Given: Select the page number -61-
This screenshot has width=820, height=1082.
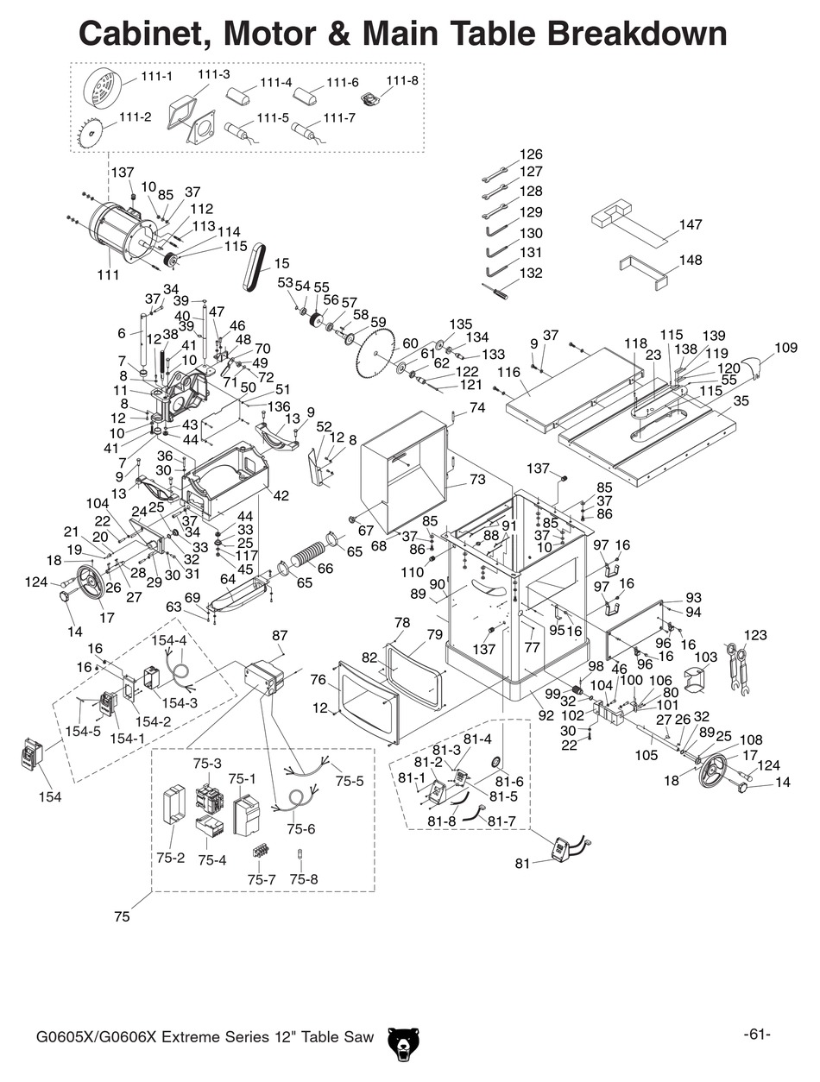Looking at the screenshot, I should (756, 1035).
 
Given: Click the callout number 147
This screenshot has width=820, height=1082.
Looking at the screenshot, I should (690, 225).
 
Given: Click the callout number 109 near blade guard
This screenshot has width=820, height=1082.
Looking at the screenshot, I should (785, 349).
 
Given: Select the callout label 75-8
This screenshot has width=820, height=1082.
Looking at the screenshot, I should (304, 879).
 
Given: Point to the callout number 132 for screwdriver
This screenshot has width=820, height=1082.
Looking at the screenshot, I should (531, 274).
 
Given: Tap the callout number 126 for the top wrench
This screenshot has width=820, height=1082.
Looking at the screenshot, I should (531, 155).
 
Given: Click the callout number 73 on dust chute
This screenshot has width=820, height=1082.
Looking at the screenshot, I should (477, 480).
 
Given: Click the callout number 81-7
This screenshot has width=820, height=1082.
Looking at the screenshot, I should (501, 821).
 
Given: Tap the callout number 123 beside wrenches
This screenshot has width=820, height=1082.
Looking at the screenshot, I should (754, 636).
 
